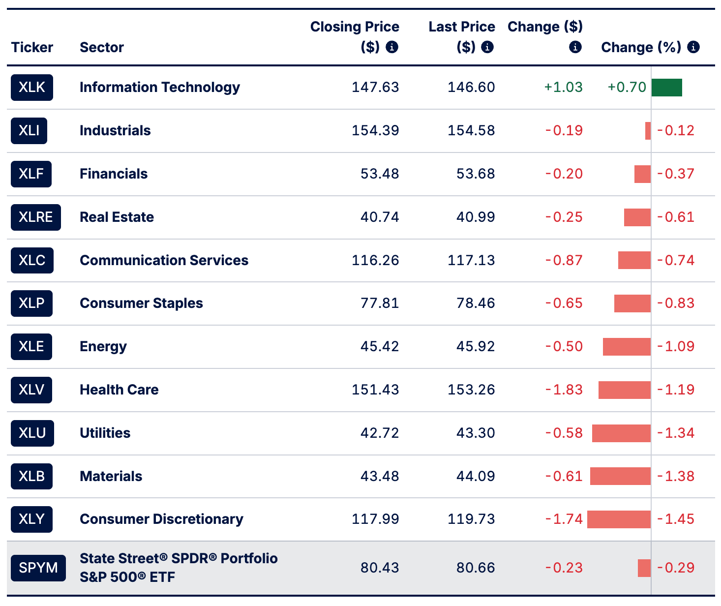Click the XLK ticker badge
click(32, 88)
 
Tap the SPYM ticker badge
click(38, 568)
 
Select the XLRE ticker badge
click(35, 217)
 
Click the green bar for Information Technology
click(667, 88)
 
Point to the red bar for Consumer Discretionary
click(619, 519)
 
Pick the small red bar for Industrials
click(648, 131)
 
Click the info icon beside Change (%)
click(693, 47)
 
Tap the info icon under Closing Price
click(391, 47)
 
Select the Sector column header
click(101, 47)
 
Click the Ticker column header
click(32, 47)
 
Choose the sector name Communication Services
click(164, 260)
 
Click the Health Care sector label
click(119, 390)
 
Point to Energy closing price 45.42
click(380, 346)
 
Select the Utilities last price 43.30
click(476, 433)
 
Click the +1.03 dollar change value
click(564, 88)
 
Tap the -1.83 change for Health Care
click(564, 390)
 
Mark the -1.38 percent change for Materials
click(676, 477)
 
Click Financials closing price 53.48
click(380, 174)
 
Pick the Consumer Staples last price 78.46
click(476, 303)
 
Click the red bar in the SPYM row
click(644, 568)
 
